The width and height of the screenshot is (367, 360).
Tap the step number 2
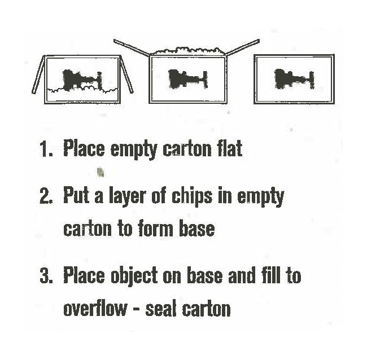46,196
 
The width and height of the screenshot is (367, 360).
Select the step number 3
46,275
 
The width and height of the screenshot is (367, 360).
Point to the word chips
192,197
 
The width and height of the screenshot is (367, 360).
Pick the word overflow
95,309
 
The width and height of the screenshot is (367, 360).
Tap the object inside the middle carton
188,80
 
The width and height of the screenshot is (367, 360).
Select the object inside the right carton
294,79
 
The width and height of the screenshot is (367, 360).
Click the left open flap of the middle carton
132,48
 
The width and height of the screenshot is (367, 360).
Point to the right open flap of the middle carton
242,48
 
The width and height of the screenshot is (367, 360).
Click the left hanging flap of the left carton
38,74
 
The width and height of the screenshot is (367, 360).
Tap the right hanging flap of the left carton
126,74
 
